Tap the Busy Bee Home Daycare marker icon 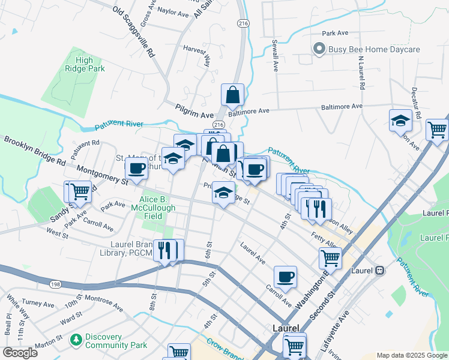tap(318, 50)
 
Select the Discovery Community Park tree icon tap(76, 341)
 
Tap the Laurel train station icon tap(379, 271)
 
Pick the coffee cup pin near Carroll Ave tap(285, 277)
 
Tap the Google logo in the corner tap(20, 353)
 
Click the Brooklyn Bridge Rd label tap(35, 152)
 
